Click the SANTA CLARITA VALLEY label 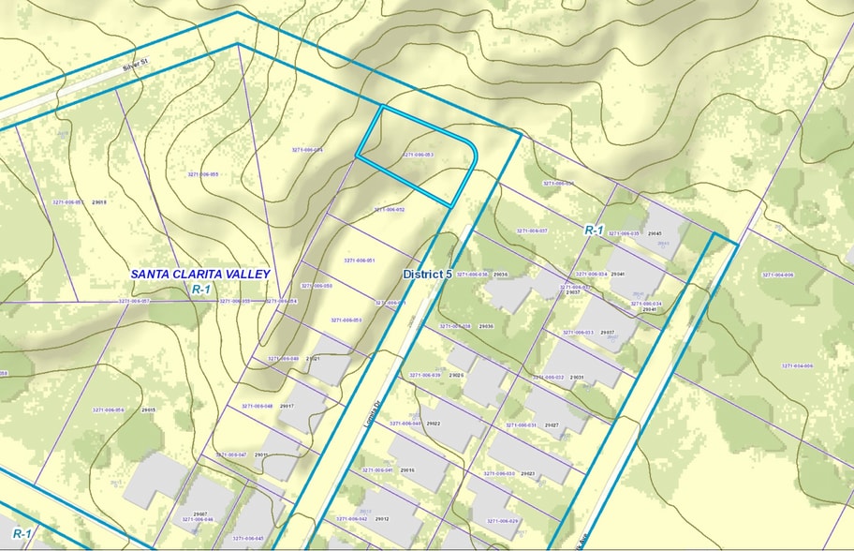tap(200, 275)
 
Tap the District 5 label tap(428, 275)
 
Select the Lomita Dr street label tap(374, 412)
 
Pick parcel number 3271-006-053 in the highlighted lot tap(418, 155)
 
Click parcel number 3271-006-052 tap(389, 210)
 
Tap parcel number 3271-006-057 tap(134, 301)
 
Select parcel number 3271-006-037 tap(531, 231)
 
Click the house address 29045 tap(655, 233)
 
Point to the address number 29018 tap(100, 202)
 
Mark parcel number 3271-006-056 tap(108, 410)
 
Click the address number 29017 tap(287, 406)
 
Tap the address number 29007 tap(200, 514)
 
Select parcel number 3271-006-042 tap(350, 518)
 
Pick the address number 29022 tap(434, 424)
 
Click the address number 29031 tap(577, 378)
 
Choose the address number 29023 tap(527, 474)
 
